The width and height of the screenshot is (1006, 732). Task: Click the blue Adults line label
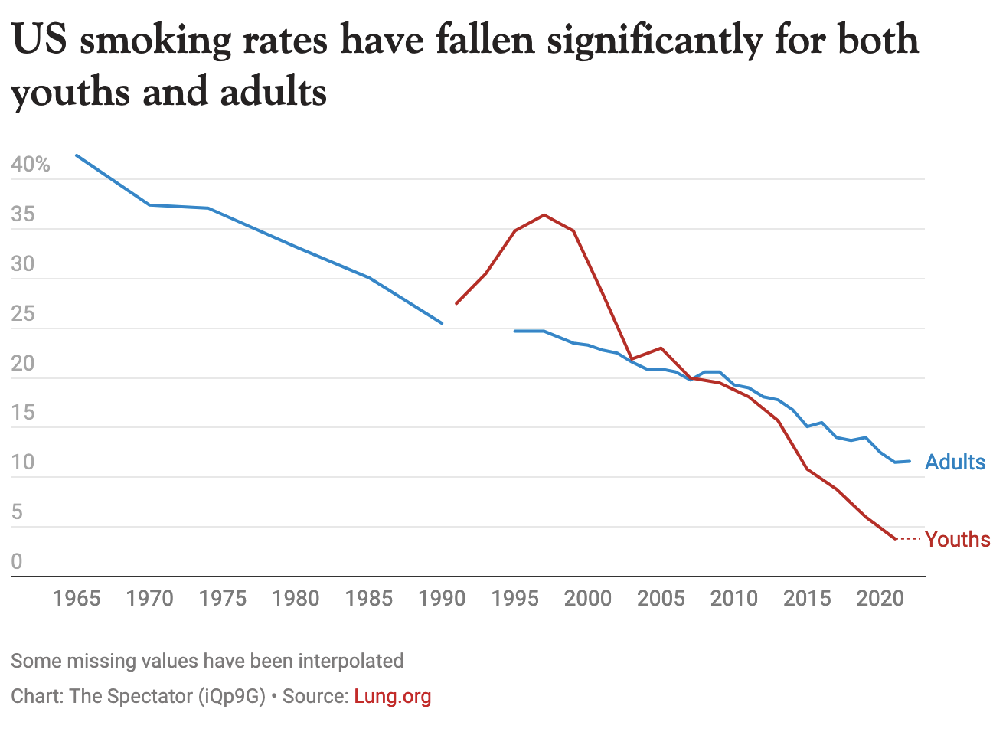tap(955, 462)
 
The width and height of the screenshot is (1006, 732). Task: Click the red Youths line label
tap(957, 539)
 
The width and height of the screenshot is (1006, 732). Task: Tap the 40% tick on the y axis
tap(31, 165)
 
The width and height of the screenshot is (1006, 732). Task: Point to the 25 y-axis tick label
tap(23, 314)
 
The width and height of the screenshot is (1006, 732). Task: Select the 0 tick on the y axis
tap(17, 561)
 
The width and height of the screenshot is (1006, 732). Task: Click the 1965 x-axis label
tap(77, 598)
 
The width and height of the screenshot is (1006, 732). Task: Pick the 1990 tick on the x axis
tap(442, 598)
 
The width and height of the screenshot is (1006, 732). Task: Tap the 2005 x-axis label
tap(661, 598)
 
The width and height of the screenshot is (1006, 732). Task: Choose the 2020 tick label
tap(880, 598)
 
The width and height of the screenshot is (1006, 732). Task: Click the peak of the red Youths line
tap(544, 215)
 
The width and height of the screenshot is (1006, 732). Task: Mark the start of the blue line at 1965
tap(76, 155)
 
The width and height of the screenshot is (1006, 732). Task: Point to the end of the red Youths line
tap(895, 539)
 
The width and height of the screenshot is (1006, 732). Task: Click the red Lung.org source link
tap(393, 696)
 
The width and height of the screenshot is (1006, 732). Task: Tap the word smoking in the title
tap(155, 40)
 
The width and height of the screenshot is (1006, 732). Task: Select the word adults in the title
tap(273, 92)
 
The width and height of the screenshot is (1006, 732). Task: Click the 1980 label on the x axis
tap(296, 598)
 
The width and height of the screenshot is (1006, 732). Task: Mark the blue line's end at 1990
tap(443, 323)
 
